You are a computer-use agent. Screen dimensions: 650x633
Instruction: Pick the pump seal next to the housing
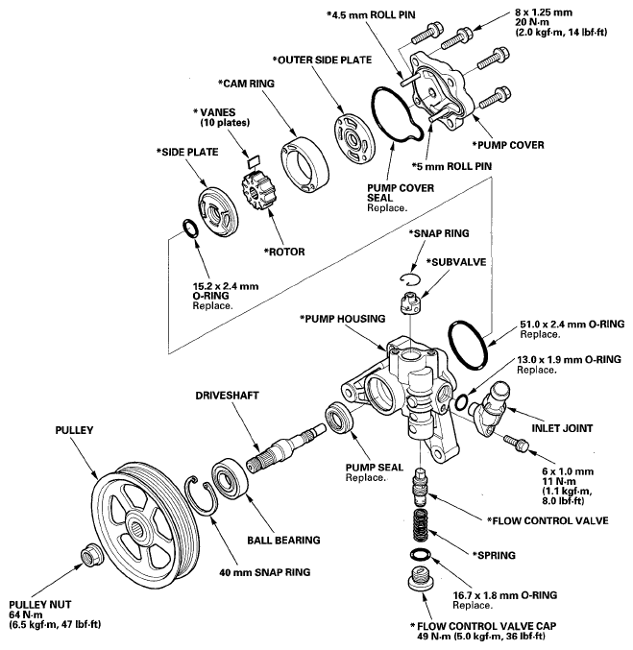pos(339,420)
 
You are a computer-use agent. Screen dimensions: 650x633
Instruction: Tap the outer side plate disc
pos(354,131)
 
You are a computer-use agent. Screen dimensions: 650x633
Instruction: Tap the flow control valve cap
pos(420,579)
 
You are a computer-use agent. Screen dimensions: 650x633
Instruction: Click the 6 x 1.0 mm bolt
pos(517,444)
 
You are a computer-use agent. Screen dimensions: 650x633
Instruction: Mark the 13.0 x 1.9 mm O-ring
pos(463,399)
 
